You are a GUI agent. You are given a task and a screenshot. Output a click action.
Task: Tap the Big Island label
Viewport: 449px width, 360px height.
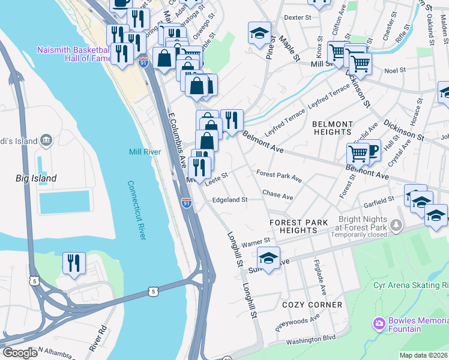36,178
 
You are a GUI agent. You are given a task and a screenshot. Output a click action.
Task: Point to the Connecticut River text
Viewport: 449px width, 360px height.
136,210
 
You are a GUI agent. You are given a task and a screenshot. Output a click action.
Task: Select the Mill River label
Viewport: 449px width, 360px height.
145,152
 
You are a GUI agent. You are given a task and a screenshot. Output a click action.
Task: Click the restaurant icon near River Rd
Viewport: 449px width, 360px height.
74,263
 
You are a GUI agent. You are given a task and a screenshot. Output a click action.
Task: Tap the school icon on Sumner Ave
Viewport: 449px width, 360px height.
268,259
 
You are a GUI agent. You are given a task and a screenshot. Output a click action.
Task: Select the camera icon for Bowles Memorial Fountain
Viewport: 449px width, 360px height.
379,325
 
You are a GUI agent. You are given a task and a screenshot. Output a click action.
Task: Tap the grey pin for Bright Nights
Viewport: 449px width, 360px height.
396,226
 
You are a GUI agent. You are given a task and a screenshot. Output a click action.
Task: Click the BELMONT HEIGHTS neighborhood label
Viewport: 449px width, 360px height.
333,128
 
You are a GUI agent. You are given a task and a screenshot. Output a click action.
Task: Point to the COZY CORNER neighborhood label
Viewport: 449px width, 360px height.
312,305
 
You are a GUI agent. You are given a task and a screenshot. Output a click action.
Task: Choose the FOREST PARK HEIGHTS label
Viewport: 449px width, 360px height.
299,226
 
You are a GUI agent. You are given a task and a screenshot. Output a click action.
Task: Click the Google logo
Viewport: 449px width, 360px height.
20,353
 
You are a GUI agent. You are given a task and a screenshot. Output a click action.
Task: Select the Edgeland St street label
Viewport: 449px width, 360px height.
229,200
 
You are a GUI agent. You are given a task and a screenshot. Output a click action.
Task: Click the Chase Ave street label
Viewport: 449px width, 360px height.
277,196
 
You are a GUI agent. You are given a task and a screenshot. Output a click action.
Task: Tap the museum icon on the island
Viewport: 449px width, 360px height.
47,142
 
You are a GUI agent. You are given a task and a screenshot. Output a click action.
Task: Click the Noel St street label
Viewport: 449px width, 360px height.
395,70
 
